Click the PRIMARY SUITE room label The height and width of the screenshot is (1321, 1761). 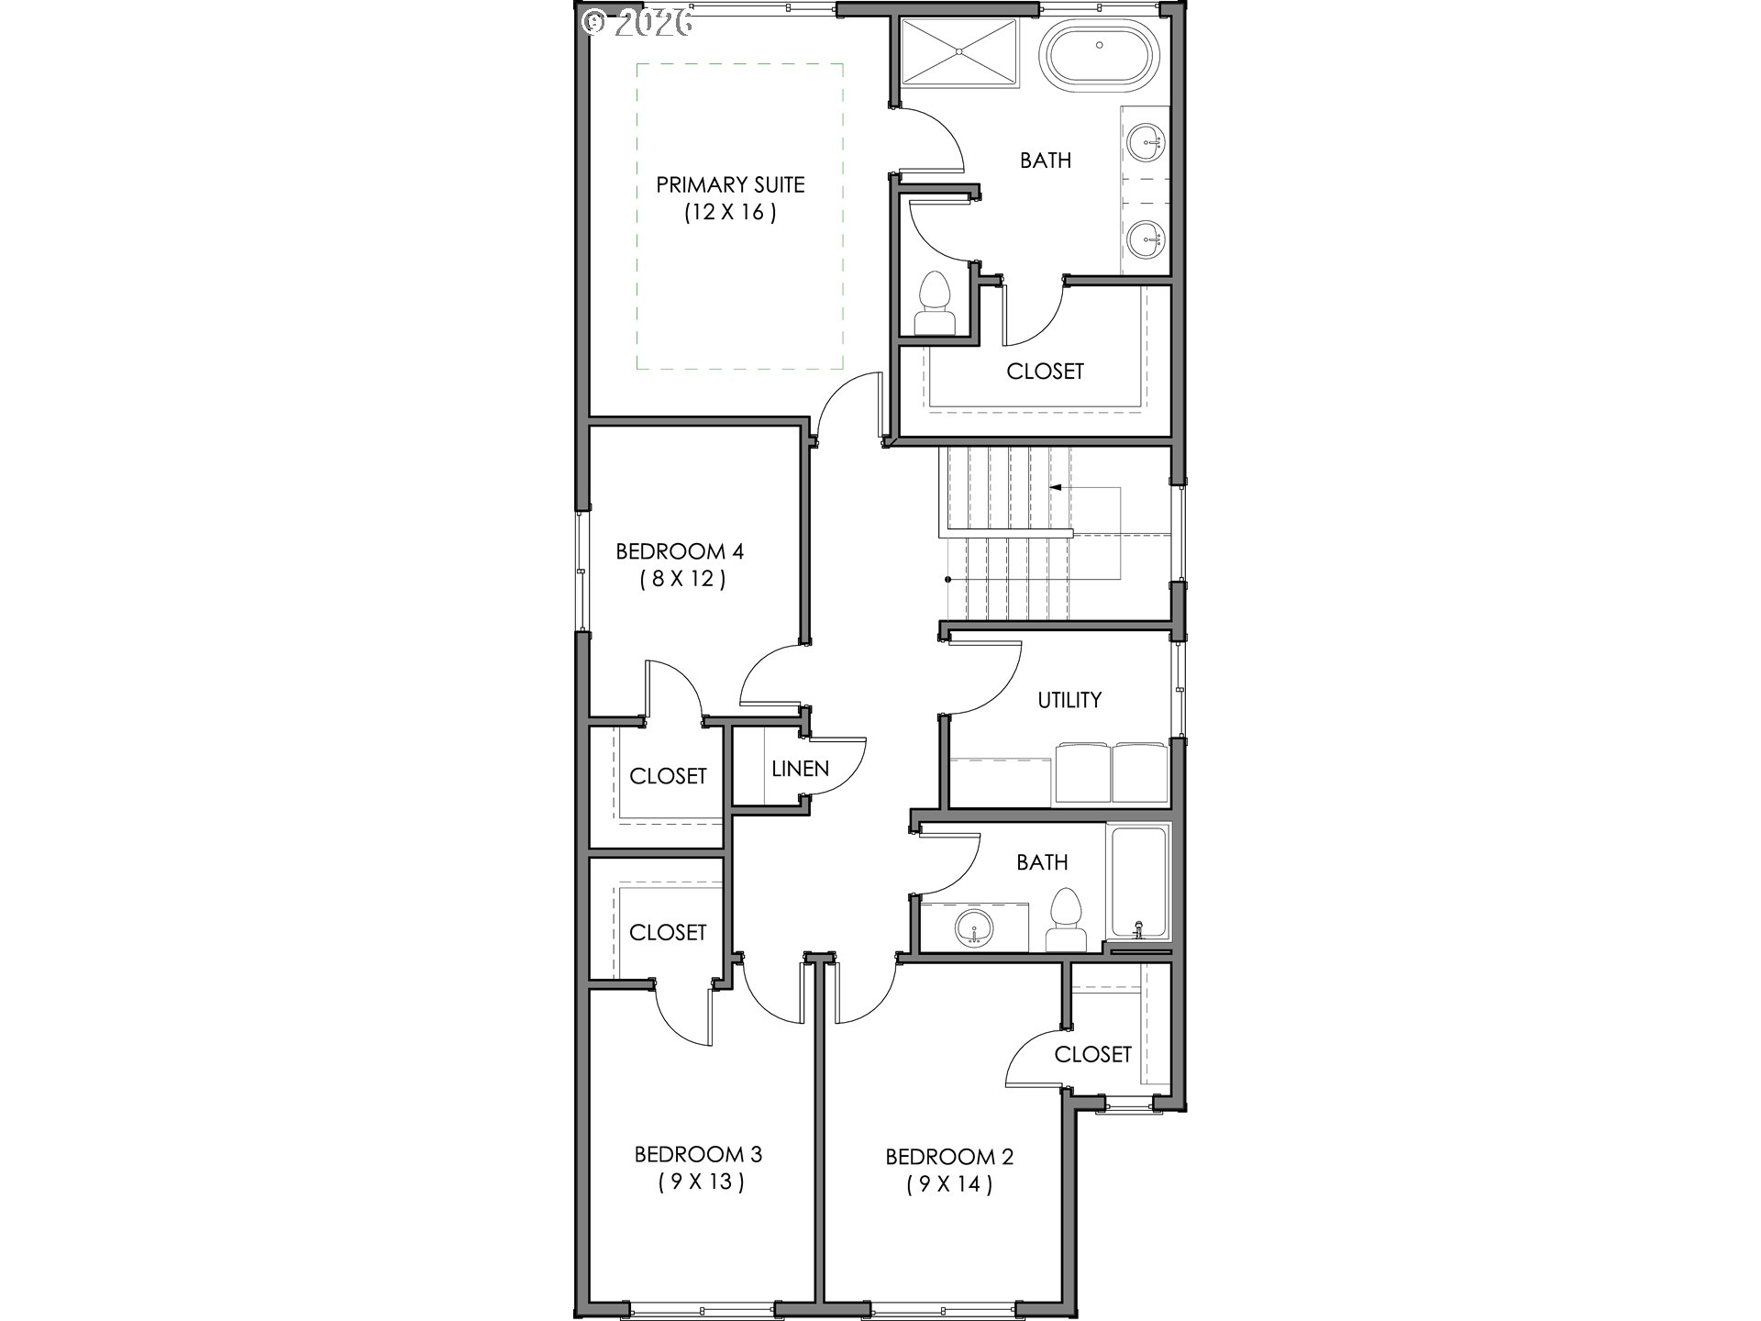[730, 184]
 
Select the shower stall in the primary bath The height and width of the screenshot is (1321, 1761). [959, 52]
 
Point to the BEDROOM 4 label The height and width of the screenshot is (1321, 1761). [680, 551]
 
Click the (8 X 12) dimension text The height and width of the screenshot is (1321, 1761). [682, 580]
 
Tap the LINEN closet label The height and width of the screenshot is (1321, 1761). [801, 769]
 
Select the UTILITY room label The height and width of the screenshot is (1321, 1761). [1069, 700]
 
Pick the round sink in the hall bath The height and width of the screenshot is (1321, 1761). [972, 928]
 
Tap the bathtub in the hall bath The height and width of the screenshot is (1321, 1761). [1139, 883]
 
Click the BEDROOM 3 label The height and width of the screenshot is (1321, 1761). [699, 1154]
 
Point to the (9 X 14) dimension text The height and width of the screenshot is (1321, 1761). [949, 1184]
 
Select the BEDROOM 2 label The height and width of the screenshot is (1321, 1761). [949, 1157]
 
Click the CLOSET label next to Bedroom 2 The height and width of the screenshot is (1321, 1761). [1093, 1054]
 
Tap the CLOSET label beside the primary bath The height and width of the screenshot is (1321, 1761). [1046, 372]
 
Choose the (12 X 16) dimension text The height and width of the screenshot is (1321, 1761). [730, 213]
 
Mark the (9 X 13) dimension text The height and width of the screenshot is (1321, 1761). [701, 1182]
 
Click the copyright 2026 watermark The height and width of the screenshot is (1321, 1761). [638, 22]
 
